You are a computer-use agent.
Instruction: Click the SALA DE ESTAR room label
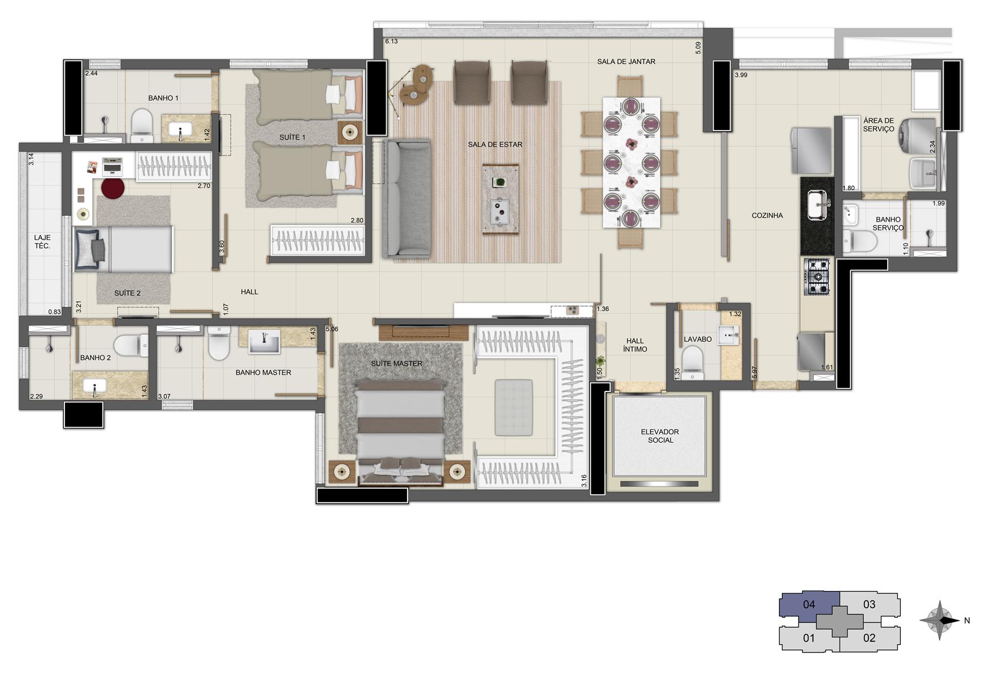click(495, 145)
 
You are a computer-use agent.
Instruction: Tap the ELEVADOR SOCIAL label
click(660, 436)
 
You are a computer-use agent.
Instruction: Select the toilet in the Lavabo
click(692, 362)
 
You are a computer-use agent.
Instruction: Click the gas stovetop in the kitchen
click(817, 277)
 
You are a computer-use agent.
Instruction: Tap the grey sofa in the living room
click(407, 199)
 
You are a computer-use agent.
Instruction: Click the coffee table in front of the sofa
click(500, 198)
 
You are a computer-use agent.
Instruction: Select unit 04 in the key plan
click(809, 605)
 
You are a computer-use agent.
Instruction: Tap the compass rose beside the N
click(939, 620)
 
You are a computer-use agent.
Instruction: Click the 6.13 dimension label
click(391, 41)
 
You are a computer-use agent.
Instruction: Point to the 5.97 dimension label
click(754, 372)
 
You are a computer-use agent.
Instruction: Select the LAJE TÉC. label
click(42, 242)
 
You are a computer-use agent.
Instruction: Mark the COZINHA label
click(767, 215)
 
